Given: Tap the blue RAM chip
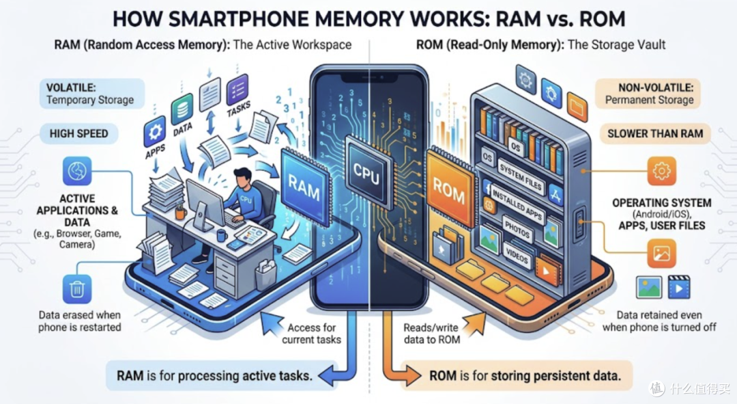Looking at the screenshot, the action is click(x=304, y=185).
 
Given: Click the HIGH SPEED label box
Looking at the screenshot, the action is click(x=79, y=134).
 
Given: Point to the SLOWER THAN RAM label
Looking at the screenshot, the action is click(x=655, y=134).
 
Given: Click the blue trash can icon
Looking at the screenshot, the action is click(x=77, y=289).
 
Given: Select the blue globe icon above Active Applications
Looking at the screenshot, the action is click(x=77, y=171).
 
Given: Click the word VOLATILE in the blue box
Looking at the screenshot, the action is click(x=71, y=87).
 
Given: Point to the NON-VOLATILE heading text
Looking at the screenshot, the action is click(x=656, y=87).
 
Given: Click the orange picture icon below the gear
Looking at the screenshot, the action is click(x=661, y=254).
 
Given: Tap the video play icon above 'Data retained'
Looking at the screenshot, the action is click(x=679, y=287).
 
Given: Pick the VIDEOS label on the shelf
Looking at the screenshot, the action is click(x=516, y=255).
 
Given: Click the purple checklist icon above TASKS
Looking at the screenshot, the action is click(x=237, y=90).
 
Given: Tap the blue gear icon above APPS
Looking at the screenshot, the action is click(x=155, y=131).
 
